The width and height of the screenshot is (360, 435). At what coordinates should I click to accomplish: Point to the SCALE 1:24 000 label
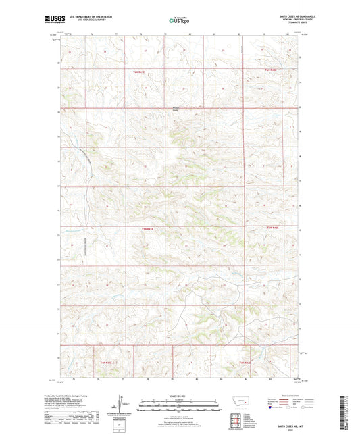point(180,395)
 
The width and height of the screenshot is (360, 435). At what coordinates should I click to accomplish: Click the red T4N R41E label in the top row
point(139,71)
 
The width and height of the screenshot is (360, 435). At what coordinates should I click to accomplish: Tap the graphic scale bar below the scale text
point(180,407)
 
